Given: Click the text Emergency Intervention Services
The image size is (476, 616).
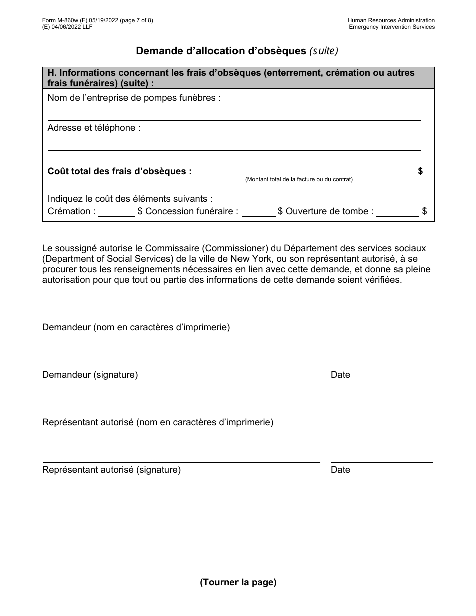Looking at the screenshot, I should (392, 27).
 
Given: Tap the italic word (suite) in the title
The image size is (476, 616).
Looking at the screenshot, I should (324, 51).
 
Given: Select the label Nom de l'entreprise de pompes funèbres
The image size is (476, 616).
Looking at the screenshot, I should (134, 98).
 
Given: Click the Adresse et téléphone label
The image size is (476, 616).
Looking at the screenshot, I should (94, 128).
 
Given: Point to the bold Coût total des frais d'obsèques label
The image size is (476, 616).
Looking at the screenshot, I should (119, 171).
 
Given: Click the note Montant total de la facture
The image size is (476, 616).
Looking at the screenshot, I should (299, 179).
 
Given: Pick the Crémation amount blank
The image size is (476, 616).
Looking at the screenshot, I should (116, 212).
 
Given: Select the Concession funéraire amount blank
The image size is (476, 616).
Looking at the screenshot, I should (258, 212).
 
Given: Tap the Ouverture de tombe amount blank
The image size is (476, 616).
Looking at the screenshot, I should (397, 212).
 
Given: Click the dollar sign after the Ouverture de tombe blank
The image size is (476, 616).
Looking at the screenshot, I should (424, 211).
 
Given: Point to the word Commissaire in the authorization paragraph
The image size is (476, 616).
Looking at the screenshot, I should (169, 248).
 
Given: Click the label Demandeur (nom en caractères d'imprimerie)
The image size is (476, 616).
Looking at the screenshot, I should (136, 327).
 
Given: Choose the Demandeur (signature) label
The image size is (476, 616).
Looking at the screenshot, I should (90, 375).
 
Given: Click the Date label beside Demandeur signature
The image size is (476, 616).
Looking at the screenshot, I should (340, 375).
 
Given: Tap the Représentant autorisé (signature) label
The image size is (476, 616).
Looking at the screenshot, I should (111, 470).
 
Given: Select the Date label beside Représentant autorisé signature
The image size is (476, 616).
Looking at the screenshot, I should (340, 470).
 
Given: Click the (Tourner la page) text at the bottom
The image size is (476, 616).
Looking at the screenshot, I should (238, 582).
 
